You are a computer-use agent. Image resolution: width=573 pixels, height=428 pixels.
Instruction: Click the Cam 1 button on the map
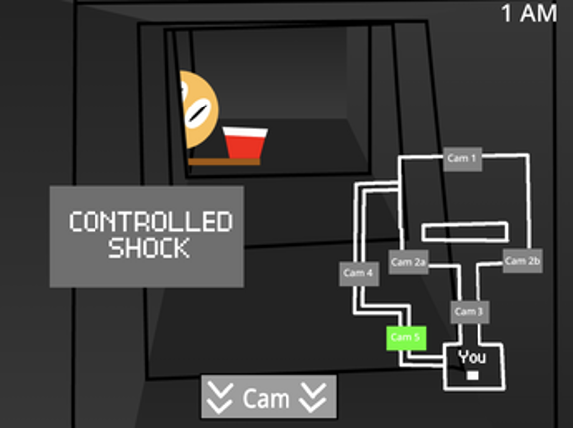[463, 159]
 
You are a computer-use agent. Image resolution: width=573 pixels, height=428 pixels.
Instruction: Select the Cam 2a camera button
[408, 262]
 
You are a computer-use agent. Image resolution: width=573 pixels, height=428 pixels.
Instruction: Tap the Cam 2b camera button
[522, 261]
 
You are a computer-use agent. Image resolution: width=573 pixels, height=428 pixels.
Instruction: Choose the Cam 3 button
[470, 312]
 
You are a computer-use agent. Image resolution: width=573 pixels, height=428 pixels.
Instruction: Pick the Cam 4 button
[359, 273]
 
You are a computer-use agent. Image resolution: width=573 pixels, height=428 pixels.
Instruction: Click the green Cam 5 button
[406, 338]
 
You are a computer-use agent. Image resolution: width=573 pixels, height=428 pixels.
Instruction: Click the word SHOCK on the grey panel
[149, 248]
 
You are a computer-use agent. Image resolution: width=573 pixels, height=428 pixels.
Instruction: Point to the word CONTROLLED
[150, 221]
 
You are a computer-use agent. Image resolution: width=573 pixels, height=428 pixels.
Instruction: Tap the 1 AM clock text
[529, 14]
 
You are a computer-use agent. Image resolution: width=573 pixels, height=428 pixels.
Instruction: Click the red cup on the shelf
[245, 143]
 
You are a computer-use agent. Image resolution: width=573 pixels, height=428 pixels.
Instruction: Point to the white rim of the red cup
[245, 132]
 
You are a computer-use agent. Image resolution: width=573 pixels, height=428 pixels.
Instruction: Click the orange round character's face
[199, 109]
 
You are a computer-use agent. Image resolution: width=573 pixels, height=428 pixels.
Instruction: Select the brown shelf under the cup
[224, 162]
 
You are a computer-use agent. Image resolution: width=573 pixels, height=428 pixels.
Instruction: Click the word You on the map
[473, 357]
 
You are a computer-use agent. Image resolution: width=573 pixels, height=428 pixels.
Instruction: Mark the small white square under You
[473, 375]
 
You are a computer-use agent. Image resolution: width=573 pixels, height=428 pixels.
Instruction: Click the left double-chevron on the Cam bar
[220, 398]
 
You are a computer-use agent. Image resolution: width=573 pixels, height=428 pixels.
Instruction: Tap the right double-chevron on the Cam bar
[313, 398]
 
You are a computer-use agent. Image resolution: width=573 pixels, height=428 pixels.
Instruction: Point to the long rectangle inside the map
[466, 232]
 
